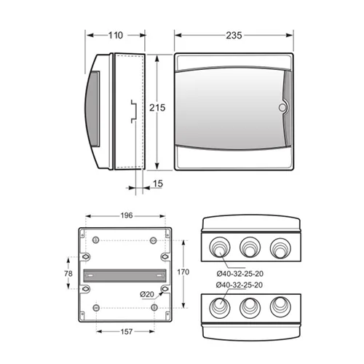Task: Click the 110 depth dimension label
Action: point(116,36)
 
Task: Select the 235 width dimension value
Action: point(234,36)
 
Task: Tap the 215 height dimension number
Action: point(157,108)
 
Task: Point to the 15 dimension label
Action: point(158,183)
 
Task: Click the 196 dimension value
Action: point(127,215)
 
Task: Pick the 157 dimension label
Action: point(127,331)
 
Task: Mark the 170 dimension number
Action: point(183,272)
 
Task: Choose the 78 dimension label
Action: point(68,274)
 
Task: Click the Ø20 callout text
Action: point(147,294)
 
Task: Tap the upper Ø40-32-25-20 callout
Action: point(240,274)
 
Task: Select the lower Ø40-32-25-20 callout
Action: point(240,285)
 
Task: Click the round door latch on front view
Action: point(282,108)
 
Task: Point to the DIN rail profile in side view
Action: point(134,111)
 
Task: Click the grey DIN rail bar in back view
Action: point(124,275)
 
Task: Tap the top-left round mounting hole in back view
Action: point(96,240)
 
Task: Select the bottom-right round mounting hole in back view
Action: point(154,307)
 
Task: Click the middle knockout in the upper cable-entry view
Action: point(250,247)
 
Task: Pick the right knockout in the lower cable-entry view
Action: point(280,306)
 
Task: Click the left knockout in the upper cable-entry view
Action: point(220,247)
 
